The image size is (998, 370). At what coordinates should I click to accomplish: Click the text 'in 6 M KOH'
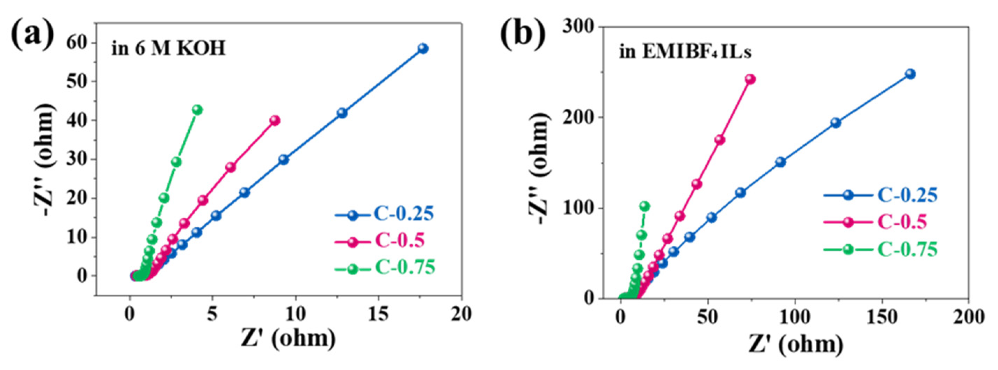click(168, 49)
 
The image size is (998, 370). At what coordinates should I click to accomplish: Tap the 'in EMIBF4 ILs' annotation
click(685, 51)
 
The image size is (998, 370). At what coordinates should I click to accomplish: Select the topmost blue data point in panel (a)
click(423, 49)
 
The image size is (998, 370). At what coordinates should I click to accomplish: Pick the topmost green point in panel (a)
click(197, 110)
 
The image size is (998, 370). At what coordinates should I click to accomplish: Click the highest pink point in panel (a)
click(275, 121)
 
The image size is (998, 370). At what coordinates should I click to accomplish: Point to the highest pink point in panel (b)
click(750, 79)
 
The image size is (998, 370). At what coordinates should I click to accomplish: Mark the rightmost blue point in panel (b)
click(910, 74)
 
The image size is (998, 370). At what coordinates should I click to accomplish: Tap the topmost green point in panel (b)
click(645, 206)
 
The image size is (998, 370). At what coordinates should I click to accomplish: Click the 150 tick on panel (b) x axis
click(882, 317)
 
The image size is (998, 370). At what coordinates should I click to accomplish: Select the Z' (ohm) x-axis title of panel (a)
click(288, 338)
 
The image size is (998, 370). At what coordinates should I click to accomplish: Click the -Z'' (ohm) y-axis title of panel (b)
click(539, 171)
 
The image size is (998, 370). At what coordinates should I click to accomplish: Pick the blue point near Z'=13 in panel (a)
click(342, 113)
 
